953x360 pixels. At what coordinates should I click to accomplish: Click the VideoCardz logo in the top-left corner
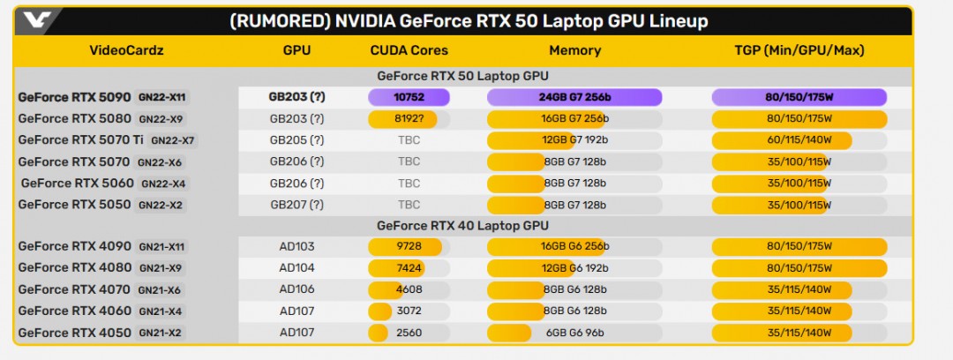[x=34, y=20]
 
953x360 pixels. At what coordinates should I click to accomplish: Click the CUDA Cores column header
[x=409, y=50]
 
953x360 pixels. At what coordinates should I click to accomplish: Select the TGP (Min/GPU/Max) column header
[x=799, y=50]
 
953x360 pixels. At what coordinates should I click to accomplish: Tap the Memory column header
[x=574, y=50]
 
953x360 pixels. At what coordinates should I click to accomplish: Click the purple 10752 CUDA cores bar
[x=409, y=97]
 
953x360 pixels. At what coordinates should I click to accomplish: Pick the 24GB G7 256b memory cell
[x=574, y=97]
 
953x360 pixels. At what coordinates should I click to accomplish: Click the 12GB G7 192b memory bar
[x=574, y=140]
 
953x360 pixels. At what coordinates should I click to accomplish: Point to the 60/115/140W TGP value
[x=799, y=140]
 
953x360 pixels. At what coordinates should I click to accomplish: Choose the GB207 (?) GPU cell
[x=296, y=205]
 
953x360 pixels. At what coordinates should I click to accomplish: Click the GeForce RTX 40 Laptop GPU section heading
[x=462, y=226]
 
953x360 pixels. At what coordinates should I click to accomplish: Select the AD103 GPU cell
[x=296, y=247]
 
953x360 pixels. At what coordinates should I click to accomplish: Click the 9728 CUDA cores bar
[x=409, y=247]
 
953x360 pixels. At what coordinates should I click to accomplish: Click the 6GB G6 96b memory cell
[x=574, y=333]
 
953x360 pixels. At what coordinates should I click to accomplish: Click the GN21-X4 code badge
[x=161, y=311]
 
